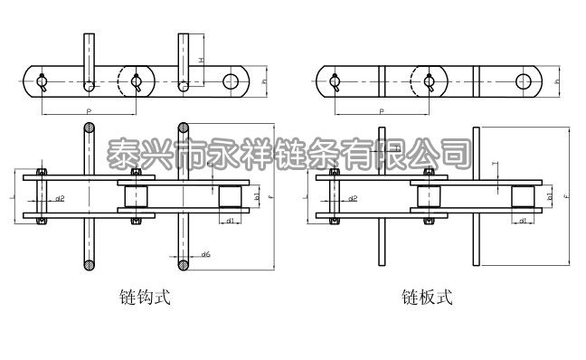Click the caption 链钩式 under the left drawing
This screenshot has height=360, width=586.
click(x=145, y=296)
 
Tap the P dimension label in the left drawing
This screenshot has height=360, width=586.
click(x=88, y=109)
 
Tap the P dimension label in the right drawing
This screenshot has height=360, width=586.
click(x=381, y=109)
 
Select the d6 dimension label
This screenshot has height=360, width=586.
click(x=206, y=255)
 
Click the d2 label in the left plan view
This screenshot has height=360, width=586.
click(x=60, y=197)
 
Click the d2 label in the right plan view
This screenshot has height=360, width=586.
click(x=353, y=197)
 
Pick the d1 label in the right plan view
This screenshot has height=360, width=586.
click(x=523, y=220)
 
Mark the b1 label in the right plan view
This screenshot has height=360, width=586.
click(x=551, y=195)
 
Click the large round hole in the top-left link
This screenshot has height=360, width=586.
click(x=232, y=81)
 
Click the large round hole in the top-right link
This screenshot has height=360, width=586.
click(x=524, y=81)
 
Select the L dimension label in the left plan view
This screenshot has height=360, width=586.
click(x=8, y=195)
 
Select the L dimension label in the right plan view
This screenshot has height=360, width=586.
click(x=307, y=195)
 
